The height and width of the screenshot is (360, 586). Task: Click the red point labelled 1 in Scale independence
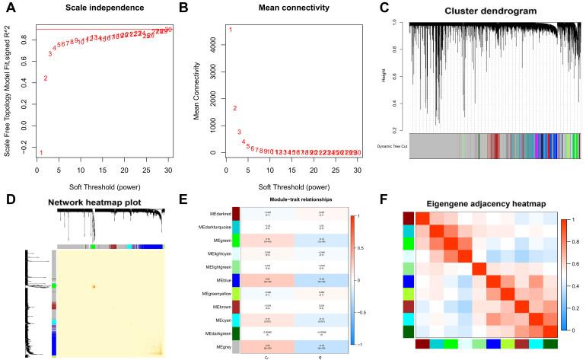41,152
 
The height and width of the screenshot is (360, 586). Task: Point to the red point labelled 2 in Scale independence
46,78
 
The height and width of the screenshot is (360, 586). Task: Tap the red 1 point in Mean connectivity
231,30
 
